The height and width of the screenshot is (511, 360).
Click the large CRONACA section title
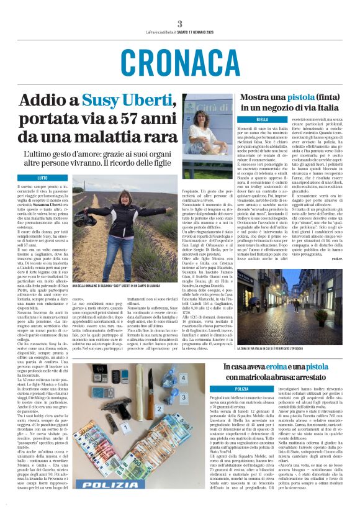pos(179,62)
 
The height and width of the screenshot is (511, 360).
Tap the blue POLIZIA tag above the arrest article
pos(241,389)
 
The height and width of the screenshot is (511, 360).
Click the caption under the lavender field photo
pos(124,286)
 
